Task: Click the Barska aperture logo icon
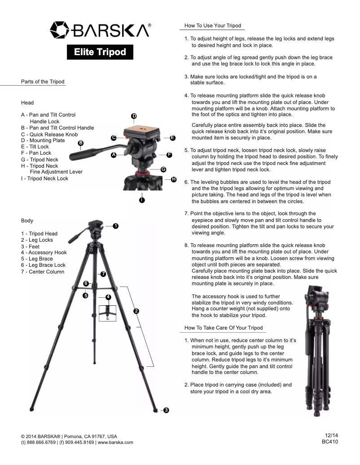59,30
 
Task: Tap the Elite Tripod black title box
100,52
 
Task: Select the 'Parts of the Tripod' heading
43,82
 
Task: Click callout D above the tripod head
134,116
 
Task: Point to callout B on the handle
80,143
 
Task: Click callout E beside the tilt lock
173,138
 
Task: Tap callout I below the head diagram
142,200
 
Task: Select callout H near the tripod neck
174,179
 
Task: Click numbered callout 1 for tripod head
116,226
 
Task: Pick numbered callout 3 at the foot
166,410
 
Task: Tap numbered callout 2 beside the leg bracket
136,311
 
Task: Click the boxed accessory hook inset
107,313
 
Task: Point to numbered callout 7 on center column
103,274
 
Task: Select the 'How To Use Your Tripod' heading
213,26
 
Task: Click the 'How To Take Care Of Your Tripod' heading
224,328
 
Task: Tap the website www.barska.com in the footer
115,443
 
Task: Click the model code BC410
330,442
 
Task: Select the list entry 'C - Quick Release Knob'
49,135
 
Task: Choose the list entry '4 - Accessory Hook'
44,252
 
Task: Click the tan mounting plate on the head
142,131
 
